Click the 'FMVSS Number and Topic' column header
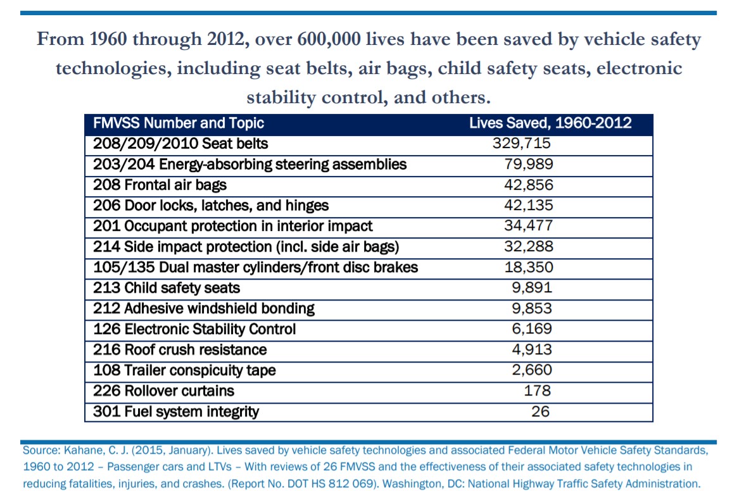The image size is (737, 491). click(x=178, y=123)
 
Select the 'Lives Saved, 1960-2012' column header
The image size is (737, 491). click(x=550, y=123)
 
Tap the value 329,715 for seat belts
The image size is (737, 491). click(x=521, y=143)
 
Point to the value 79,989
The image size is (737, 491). click(x=529, y=164)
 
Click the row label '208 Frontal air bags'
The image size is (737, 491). click(x=160, y=185)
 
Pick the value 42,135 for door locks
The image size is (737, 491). click(x=529, y=206)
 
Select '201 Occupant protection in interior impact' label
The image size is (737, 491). click(x=232, y=226)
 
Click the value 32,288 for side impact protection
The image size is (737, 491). click(x=529, y=247)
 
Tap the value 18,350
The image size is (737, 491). click(x=529, y=268)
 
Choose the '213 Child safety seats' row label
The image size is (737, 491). click(x=167, y=288)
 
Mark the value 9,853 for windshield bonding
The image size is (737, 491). click(x=532, y=309)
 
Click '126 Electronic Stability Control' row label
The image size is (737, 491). click(x=194, y=329)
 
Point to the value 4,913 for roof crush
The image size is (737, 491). click(x=532, y=349)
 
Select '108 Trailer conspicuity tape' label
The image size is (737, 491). click(x=184, y=370)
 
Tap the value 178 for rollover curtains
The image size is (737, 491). click(x=538, y=391)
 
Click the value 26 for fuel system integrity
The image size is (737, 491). click(x=541, y=412)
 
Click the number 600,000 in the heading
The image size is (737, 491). click(x=329, y=39)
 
